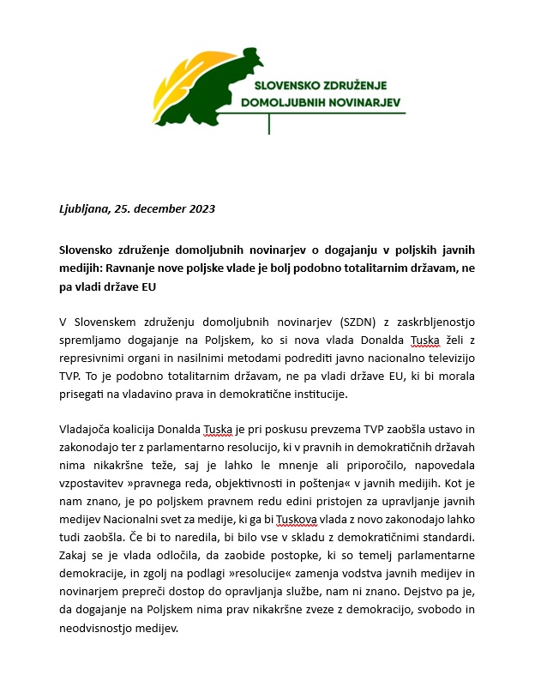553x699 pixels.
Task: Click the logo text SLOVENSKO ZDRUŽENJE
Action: pyautogui.click(x=322, y=85)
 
